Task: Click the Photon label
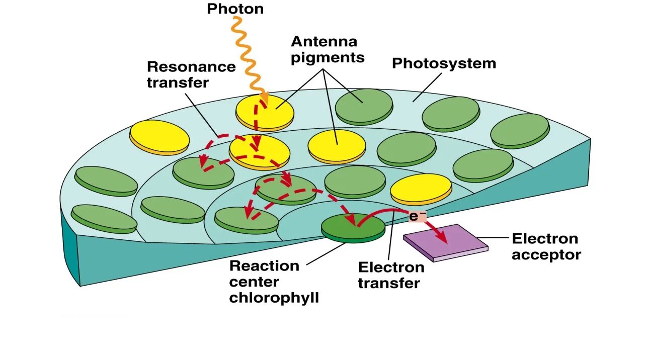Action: pyautogui.click(x=235, y=9)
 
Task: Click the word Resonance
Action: pyautogui.click(x=191, y=67)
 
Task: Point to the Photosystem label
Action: pyautogui.click(x=444, y=64)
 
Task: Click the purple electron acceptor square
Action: pyautogui.click(x=445, y=241)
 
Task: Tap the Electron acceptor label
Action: pyautogui.click(x=546, y=246)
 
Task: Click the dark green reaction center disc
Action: pyautogui.click(x=353, y=227)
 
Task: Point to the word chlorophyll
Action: pyautogui.click(x=274, y=298)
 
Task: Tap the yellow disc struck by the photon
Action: pyautogui.click(x=265, y=112)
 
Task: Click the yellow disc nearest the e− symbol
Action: pyautogui.click(x=421, y=189)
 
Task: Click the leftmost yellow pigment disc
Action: pyautogui.click(x=159, y=136)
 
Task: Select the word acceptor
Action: pyautogui.click(x=546, y=254)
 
